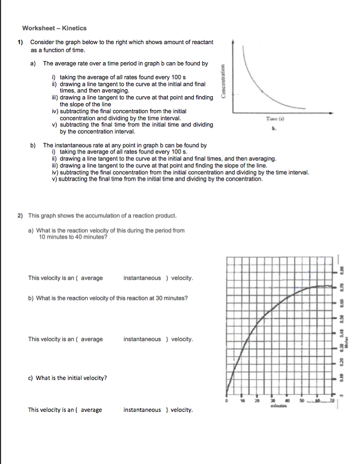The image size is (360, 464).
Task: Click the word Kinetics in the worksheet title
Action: click(x=74, y=28)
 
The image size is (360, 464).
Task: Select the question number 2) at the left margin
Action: click(x=20, y=216)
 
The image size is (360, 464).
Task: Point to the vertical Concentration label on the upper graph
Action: click(x=226, y=81)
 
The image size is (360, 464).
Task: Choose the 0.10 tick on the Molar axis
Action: click(x=336, y=378)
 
